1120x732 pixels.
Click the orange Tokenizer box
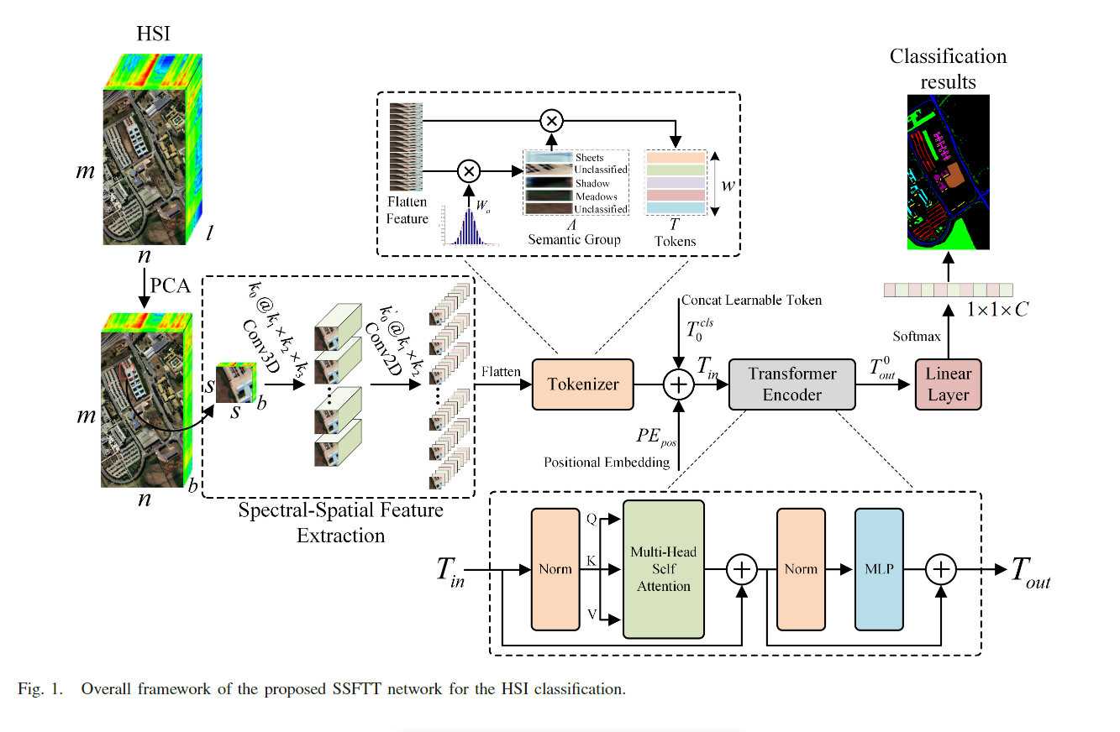583,384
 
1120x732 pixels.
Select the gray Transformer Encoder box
791,384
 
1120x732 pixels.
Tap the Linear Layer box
949,384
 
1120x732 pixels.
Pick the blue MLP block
878,568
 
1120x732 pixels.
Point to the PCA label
170,285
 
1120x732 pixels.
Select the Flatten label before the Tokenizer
502,370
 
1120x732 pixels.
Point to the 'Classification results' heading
948,69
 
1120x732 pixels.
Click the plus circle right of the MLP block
942,569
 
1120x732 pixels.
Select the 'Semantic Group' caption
574,240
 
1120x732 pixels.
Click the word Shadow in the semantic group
592,183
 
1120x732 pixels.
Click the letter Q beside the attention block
593,520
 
